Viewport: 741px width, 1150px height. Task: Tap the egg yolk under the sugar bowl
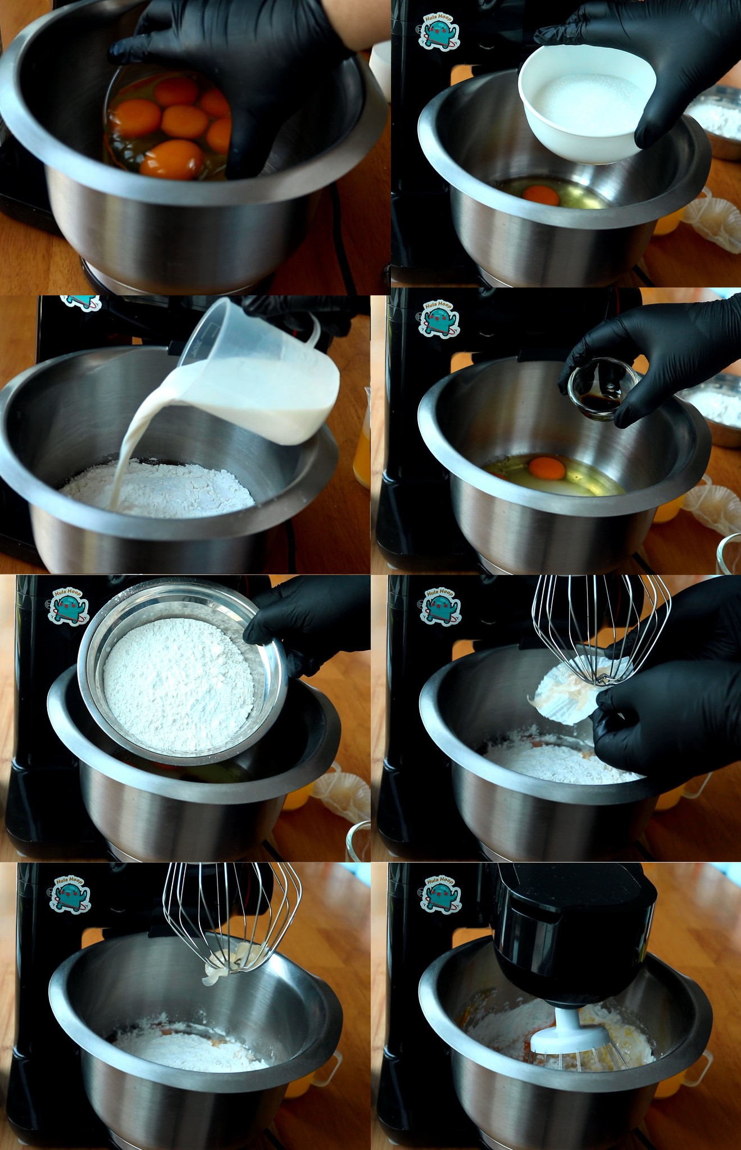[541, 195]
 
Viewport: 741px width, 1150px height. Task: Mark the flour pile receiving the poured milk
[157, 486]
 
